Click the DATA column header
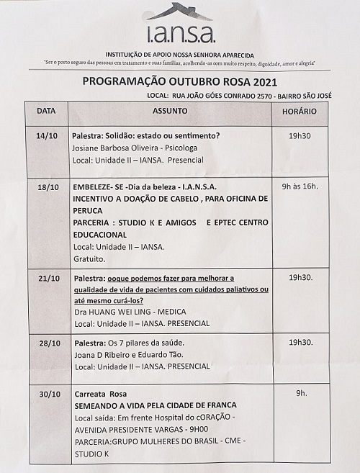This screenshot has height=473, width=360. tap(46, 112)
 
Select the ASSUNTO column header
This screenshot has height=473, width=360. tap(170, 112)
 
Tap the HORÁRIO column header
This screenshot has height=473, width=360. tap(299, 112)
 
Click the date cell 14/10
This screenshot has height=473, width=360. tap(47, 136)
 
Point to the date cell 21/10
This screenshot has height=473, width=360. tap(48, 278)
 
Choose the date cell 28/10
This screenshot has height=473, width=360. tap(48, 343)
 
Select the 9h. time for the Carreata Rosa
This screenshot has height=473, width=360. tap(301, 394)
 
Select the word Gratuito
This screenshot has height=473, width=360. tap(89, 258)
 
